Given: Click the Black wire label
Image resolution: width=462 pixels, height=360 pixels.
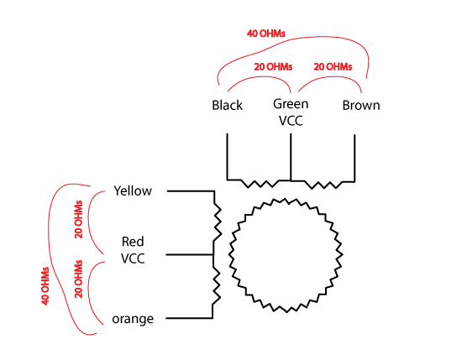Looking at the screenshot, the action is click(227, 105).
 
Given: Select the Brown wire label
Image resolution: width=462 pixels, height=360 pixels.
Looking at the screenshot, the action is click(361, 105).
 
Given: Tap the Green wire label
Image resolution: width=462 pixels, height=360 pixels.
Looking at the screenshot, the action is click(291, 104).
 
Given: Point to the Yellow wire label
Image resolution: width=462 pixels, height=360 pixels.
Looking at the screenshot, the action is click(133, 190).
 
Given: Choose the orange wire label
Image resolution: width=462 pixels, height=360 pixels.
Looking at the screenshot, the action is click(133, 319).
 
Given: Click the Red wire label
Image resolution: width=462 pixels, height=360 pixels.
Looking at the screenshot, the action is click(133, 242).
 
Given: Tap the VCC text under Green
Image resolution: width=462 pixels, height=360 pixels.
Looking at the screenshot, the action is click(291, 121).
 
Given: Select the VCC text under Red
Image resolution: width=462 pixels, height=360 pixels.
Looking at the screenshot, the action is click(133, 258).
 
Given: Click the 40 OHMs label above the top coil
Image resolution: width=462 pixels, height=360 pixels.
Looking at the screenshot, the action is click(266, 34).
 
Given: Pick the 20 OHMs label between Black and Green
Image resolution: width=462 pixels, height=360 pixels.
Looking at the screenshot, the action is click(273, 66).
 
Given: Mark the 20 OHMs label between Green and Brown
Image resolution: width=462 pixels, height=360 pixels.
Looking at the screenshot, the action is click(333, 66).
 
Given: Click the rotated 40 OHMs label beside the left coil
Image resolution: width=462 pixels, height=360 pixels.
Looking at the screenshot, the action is click(45, 286).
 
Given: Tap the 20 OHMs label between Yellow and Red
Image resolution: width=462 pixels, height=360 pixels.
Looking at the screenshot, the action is click(78, 219).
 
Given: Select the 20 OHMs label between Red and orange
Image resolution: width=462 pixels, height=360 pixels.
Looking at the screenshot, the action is click(78, 279).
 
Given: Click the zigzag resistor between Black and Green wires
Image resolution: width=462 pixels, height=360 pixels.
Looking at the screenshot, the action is click(260, 184).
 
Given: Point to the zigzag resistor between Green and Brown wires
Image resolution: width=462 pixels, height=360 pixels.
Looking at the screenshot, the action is click(323, 185).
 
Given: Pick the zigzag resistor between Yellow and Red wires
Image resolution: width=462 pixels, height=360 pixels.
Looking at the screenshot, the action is click(218, 222).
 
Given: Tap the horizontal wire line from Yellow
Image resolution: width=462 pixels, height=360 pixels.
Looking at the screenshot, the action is click(191, 191).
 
